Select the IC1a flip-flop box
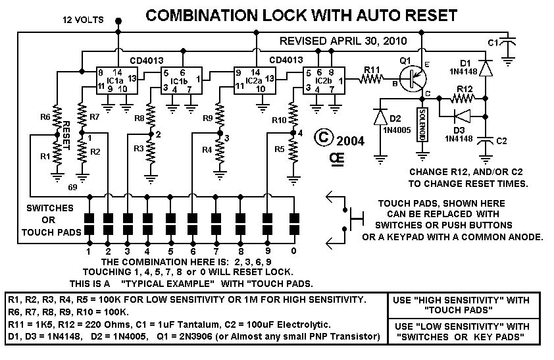(x=111, y=80)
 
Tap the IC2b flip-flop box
(x=322, y=80)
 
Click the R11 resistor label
(x=372, y=68)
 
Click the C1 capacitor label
(x=491, y=43)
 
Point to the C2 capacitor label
(x=501, y=141)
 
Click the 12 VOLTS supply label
(x=83, y=20)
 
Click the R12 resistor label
(x=464, y=88)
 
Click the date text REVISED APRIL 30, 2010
(x=341, y=40)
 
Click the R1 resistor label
(x=44, y=157)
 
